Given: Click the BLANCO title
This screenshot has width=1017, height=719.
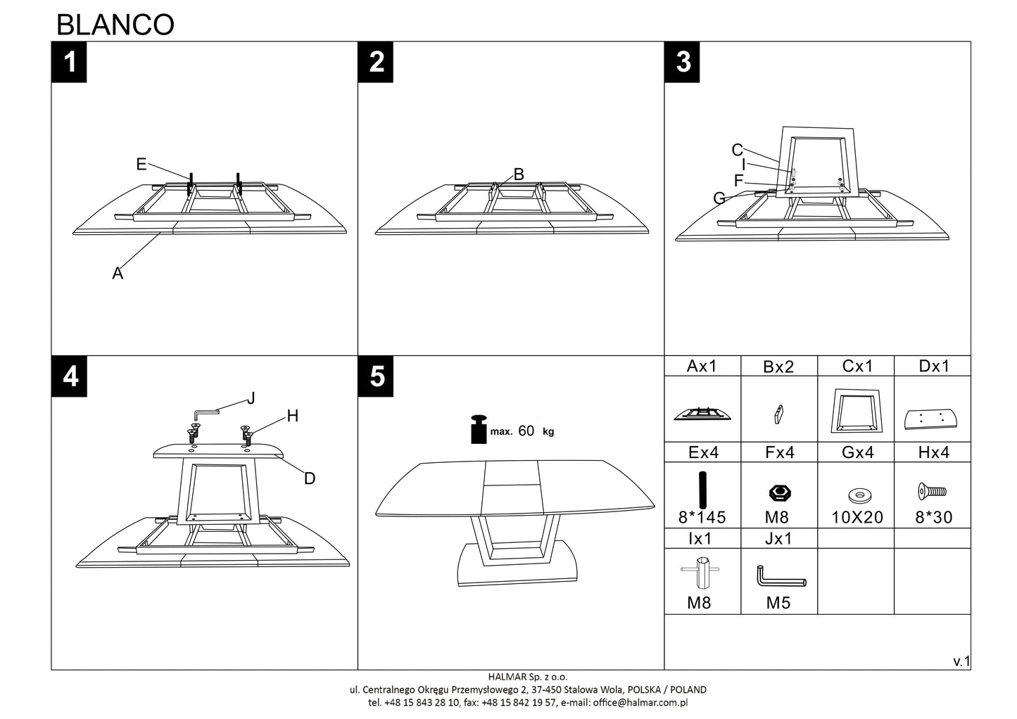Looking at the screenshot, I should point(115,25).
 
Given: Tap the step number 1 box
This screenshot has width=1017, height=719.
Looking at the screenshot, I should point(69,62).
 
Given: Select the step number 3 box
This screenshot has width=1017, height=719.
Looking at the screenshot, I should point(683,62).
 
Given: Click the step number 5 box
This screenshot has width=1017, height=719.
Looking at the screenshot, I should point(377,376).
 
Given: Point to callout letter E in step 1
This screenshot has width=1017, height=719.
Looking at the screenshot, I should point(141,164).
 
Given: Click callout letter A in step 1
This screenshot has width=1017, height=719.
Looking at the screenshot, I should point(118,273).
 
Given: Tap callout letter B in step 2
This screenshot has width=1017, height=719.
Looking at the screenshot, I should point(519,174).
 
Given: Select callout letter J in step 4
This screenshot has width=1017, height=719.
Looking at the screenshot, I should point(251,398).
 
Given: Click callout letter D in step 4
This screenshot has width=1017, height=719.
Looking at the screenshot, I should point(310,478).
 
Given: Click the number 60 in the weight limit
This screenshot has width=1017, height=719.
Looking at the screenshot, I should point(526,431).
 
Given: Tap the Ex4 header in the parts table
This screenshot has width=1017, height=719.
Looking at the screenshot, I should point(702,452).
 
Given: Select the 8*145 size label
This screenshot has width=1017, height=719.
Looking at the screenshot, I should point(702,518).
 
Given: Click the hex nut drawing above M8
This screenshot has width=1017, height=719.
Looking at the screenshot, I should point(778,493).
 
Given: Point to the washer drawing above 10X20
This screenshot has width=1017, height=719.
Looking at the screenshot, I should point(857,495).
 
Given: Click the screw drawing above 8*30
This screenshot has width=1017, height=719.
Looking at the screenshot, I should point(933,491).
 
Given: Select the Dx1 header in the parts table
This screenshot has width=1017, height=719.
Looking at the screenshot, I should point(933,366).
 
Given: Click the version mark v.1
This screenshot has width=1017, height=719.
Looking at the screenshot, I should point(961,661).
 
